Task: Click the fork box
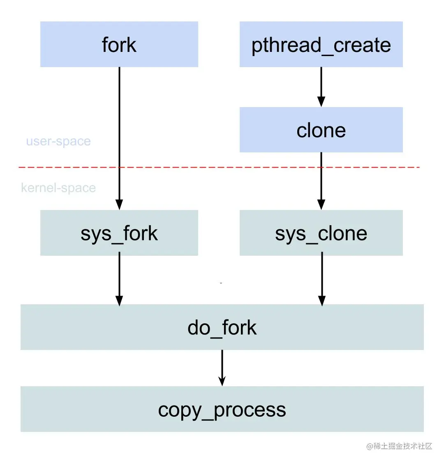pyautogui.click(x=119, y=44)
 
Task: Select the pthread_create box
pyautogui.click(x=321, y=44)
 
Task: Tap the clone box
pyautogui.click(x=321, y=130)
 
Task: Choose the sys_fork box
pyautogui.click(x=119, y=233)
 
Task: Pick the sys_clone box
pyautogui.click(x=321, y=233)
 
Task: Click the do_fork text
pyautogui.click(x=222, y=328)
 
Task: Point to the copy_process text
pyautogui.click(x=222, y=410)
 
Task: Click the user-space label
pyautogui.click(x=58, y=141)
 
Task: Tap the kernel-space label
pyautogui.click(x=58, y=188)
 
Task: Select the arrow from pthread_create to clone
pyautogui.click(x=321, y=84)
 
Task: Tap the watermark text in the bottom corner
pyautogui.click(x=399, y=446)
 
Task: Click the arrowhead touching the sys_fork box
pyautogui.click(x=119, y=205)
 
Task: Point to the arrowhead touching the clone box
pyautogui.click(x=321, y=102)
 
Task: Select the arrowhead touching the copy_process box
pyautogui.click(x=222, y=381)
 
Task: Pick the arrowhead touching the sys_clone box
pyautogui.click(x=321, y=205)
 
